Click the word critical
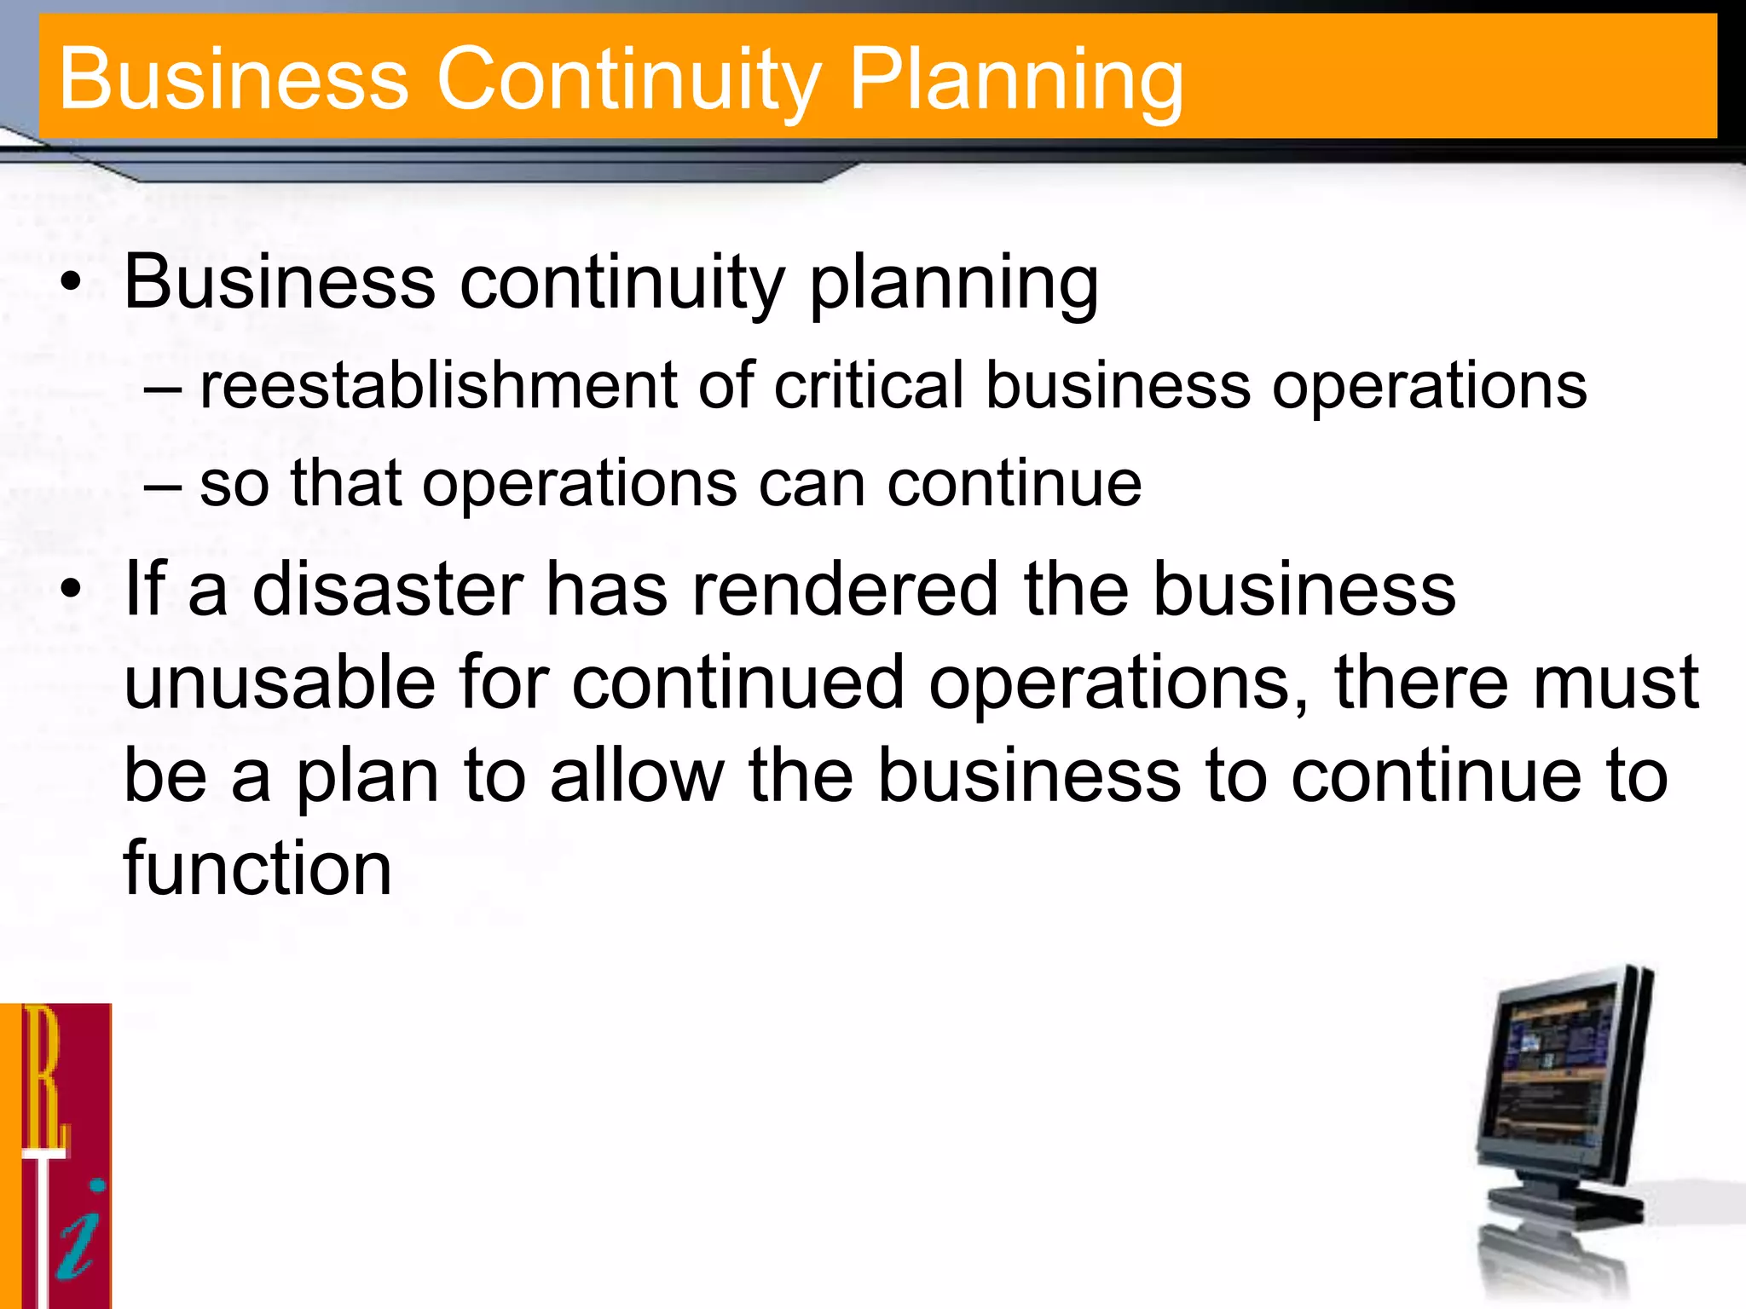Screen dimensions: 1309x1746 click(x=869, y=385)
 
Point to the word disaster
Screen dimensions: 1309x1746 click(x=388, y=590)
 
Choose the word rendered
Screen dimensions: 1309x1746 click(x=844, y=590)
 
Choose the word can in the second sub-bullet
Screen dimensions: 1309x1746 click(x=811, y=484)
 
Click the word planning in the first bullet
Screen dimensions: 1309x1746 click(x=953, y=285)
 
